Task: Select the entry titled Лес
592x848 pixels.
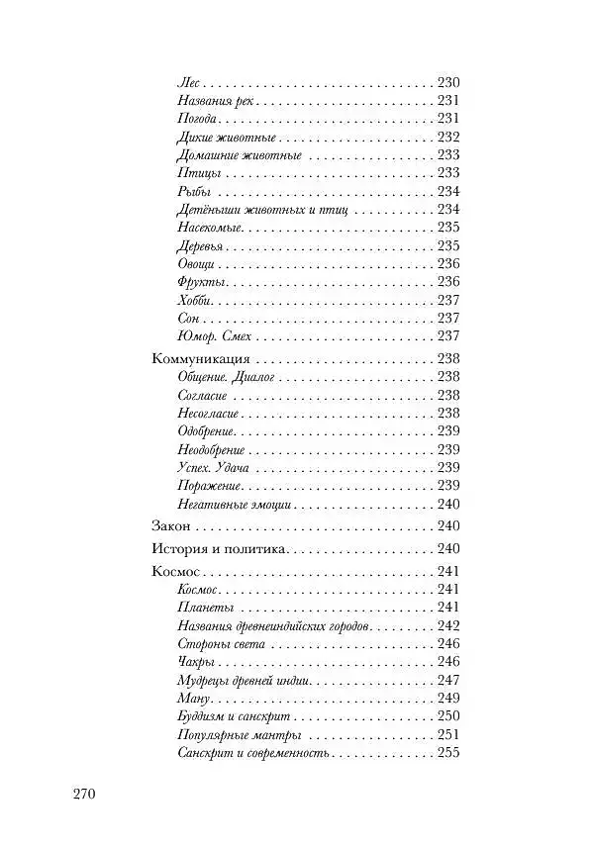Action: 188,83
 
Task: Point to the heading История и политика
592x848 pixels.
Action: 219,549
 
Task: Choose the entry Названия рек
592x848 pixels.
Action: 215,101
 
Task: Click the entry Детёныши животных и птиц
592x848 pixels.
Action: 254,210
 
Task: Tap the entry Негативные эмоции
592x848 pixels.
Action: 233,504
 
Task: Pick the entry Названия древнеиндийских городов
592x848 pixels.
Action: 273,625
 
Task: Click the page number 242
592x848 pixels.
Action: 448,625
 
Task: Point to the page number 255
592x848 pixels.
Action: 448,755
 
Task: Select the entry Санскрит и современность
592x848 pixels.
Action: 251,755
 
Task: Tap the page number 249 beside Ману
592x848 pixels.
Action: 448,699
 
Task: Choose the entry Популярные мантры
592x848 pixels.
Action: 238,736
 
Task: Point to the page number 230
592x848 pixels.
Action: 448,83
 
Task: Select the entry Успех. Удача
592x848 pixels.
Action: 213,467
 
